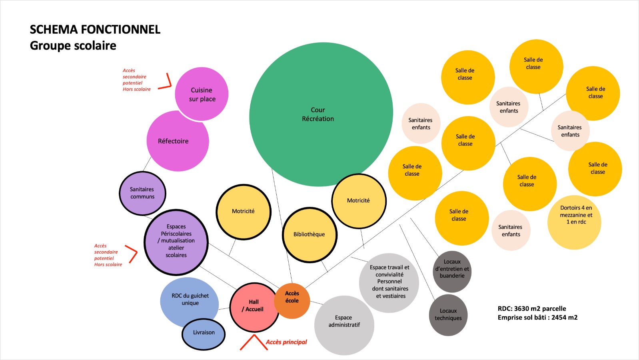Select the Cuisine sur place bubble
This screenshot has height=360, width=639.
202,94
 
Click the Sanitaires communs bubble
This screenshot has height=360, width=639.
142,193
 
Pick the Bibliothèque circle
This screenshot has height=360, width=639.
310,235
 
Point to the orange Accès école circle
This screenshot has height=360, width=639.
292,300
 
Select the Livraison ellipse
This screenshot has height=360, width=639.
204,334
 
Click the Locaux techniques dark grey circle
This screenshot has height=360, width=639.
448,315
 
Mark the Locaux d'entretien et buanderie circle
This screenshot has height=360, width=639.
452,271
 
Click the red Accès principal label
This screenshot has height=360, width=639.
286,342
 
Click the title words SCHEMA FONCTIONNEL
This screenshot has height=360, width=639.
95,30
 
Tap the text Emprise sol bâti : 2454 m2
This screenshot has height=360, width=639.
537,318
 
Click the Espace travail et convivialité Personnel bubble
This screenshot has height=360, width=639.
389,282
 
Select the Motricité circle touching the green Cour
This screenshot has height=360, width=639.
359,201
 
